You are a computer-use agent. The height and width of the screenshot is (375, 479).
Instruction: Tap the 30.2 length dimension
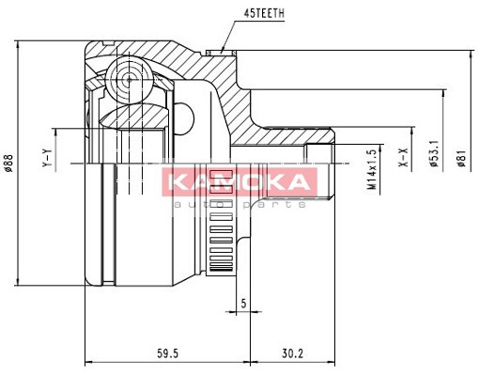pos(293,352)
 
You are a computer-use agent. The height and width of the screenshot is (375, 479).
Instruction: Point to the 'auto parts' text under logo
pos(239,204)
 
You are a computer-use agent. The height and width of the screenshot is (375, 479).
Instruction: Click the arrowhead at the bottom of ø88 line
pos(19,283)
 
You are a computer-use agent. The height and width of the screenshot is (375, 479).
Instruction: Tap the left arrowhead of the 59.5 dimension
pos(89,362)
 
